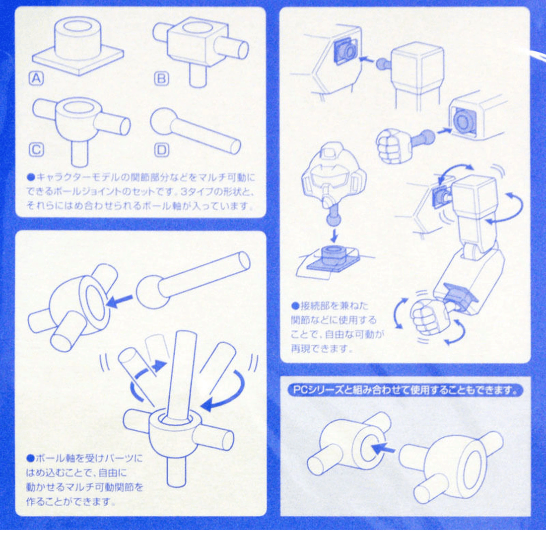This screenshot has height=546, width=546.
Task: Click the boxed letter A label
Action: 37,78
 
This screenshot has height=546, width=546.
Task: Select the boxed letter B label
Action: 161,78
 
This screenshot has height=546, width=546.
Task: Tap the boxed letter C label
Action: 37,150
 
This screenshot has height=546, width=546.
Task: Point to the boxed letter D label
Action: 161,150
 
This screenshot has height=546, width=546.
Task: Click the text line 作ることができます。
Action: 70,501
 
